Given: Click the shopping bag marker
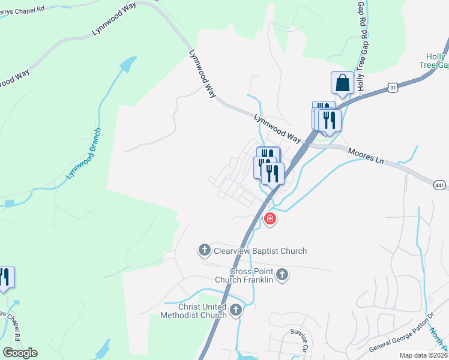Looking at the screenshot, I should click(x=342, y=82).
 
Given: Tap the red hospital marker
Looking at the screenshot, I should click(x=270, y=219).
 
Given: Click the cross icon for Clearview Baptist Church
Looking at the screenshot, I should click(x=204, y=250).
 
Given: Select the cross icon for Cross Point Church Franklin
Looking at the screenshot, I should click(x=283, y=275).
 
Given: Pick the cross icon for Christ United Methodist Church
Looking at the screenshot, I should click(x=236, y=310).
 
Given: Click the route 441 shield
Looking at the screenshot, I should click(x=439, y=187).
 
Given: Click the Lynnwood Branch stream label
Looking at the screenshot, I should click(x=83, y=154).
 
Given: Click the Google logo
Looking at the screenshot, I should click(x=20, y=353).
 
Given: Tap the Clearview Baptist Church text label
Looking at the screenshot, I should click(x=259, y=251).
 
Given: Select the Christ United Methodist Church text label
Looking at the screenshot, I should click(x=194, y=311).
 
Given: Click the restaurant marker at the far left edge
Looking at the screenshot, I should click(x=5, y=277).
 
